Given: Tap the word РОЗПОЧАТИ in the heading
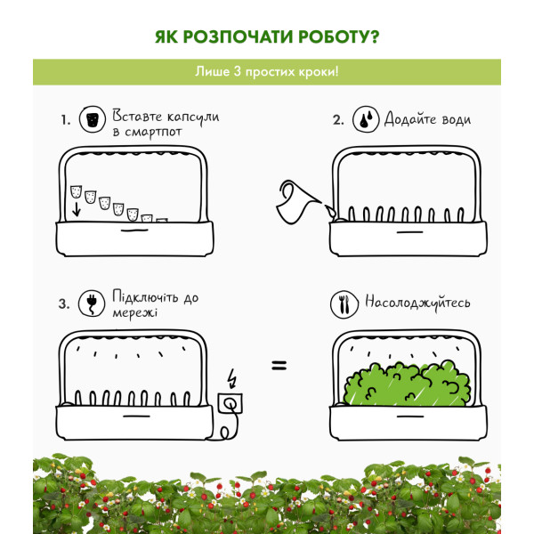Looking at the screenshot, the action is [x=238, y=36].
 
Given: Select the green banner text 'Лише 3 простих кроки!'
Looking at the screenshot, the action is [x=267, y=72].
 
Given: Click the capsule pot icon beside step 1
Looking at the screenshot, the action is [x=93, y=119].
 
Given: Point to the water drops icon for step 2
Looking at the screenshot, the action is [x=366, y=119].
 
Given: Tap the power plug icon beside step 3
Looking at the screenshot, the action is [x=92, y=303].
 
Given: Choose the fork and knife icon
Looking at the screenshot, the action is [x=344, y=304].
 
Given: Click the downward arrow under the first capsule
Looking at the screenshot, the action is [x=77, y=209].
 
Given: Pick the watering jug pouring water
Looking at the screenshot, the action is [x=299, y=202].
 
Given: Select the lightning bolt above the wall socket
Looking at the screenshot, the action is [x=232, y=378].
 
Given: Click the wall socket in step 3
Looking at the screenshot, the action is [x=231, y=403].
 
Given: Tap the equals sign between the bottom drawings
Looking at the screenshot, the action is [x=279, y=366].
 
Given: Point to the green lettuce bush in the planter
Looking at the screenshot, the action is [x=407, y=384].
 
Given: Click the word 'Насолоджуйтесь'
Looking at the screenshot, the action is [x=417, y=303].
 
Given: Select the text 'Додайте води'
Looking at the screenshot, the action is [x=428, y=119].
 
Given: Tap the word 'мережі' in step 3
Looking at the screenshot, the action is [x=135, y=312].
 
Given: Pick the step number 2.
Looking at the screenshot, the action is [x=338, y=120].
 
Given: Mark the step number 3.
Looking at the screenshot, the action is [x=64, y=303].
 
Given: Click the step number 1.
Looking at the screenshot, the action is [x=66, y=120].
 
